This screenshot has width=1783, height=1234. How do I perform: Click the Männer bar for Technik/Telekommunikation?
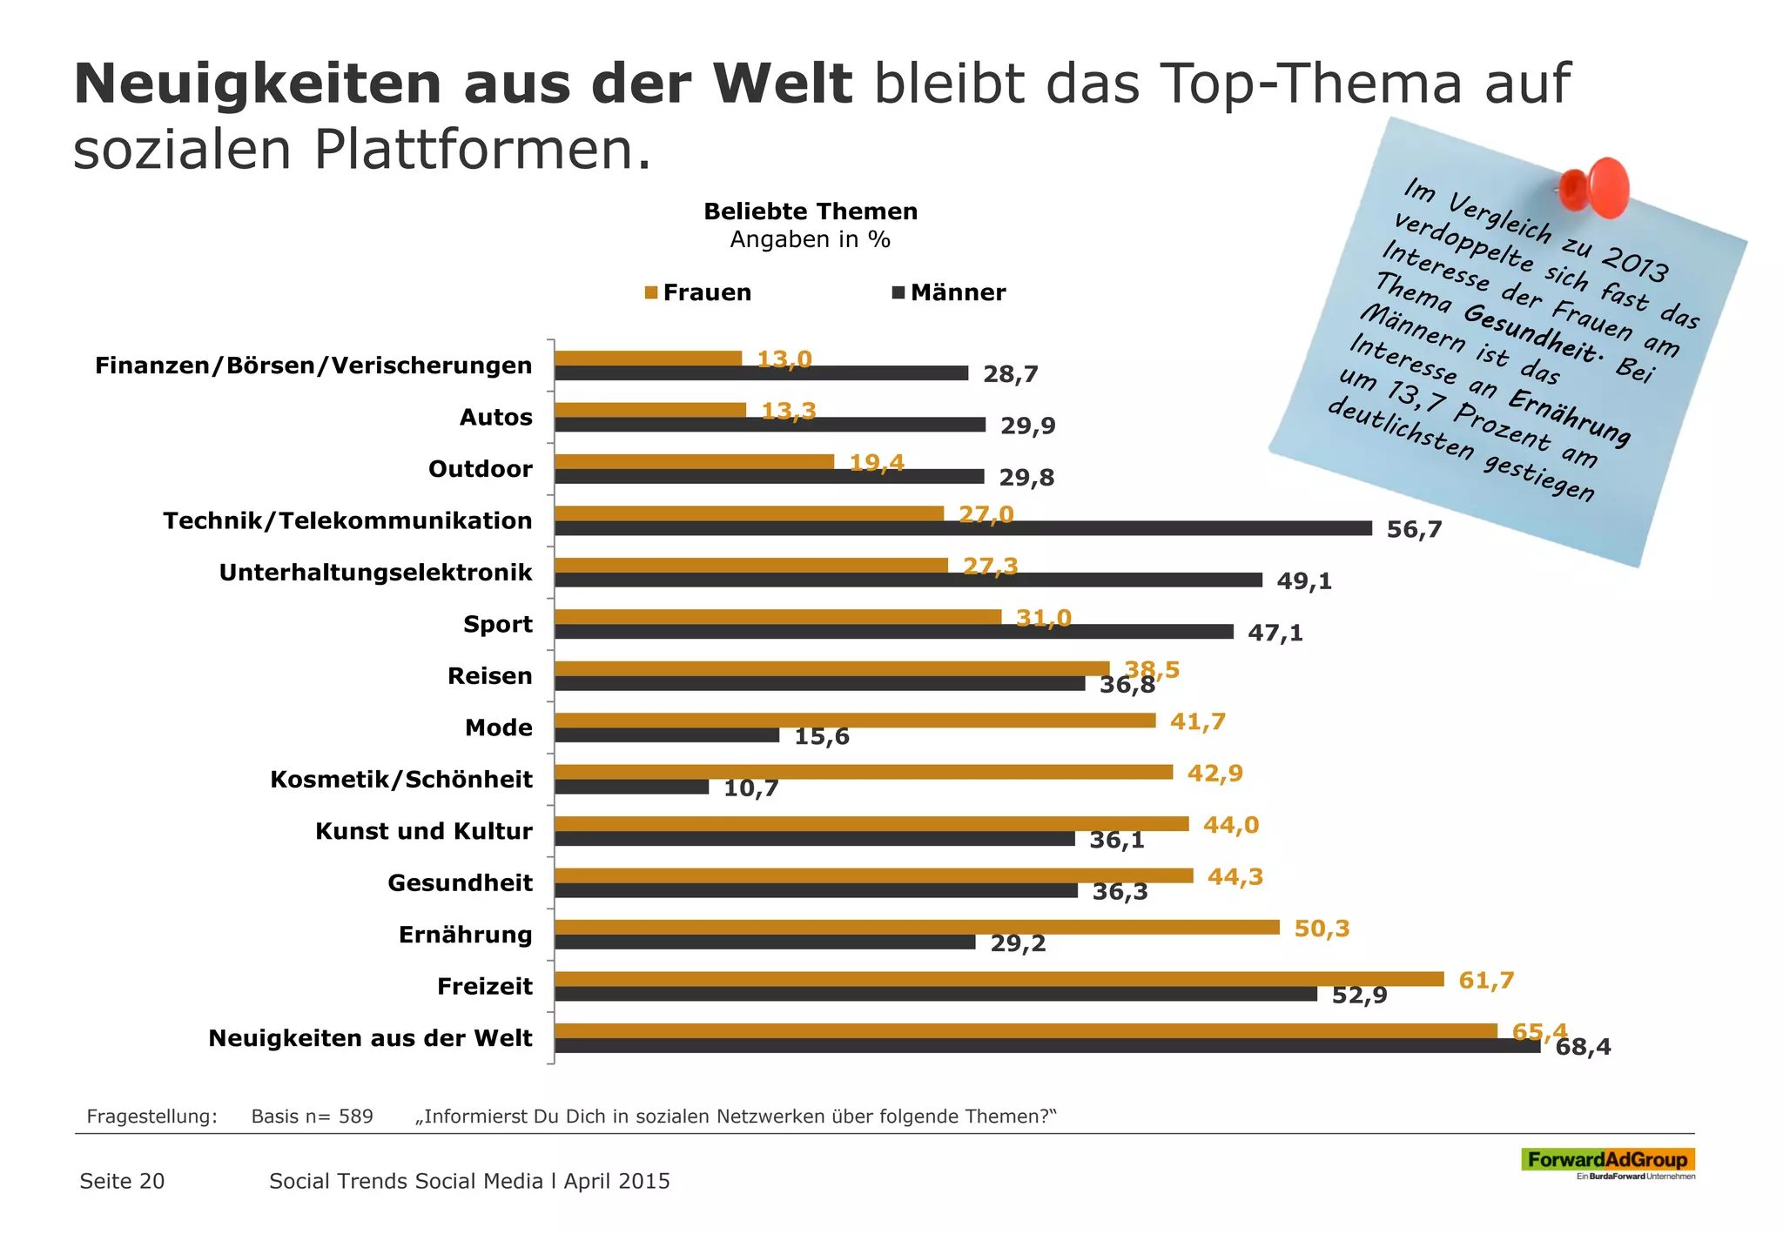pos(963,528)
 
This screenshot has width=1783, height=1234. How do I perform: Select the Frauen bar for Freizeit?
pos(999,979)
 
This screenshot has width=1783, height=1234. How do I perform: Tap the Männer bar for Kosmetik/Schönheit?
pos(632,787)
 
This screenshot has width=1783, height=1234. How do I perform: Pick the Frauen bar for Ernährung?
pos(917,928)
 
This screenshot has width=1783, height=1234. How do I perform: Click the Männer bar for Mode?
pos(667,735)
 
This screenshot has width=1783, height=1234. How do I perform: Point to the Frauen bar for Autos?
pos(650,410)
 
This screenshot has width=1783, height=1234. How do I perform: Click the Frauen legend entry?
pos(698,292)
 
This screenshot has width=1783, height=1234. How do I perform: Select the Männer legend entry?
pos(949,292)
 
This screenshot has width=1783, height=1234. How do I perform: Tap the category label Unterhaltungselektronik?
pos(375,573)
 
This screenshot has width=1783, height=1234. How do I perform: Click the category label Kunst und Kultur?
pos(423,831)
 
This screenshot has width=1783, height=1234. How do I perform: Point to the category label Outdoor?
pos(480,469)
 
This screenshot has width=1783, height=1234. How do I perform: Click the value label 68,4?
pos(1583,1047)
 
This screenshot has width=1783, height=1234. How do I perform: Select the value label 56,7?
pos(1414,529)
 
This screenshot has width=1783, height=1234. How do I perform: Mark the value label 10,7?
pos(751,789)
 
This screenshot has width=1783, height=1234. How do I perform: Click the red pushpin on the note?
pos(1595,186)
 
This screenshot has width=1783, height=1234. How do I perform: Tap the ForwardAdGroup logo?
pos(1607,1161)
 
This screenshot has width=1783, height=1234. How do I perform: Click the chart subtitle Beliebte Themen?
pos(811,211)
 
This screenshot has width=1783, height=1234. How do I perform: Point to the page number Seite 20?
pos(122,1181)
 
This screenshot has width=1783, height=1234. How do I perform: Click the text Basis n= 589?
pos(312,1117)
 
